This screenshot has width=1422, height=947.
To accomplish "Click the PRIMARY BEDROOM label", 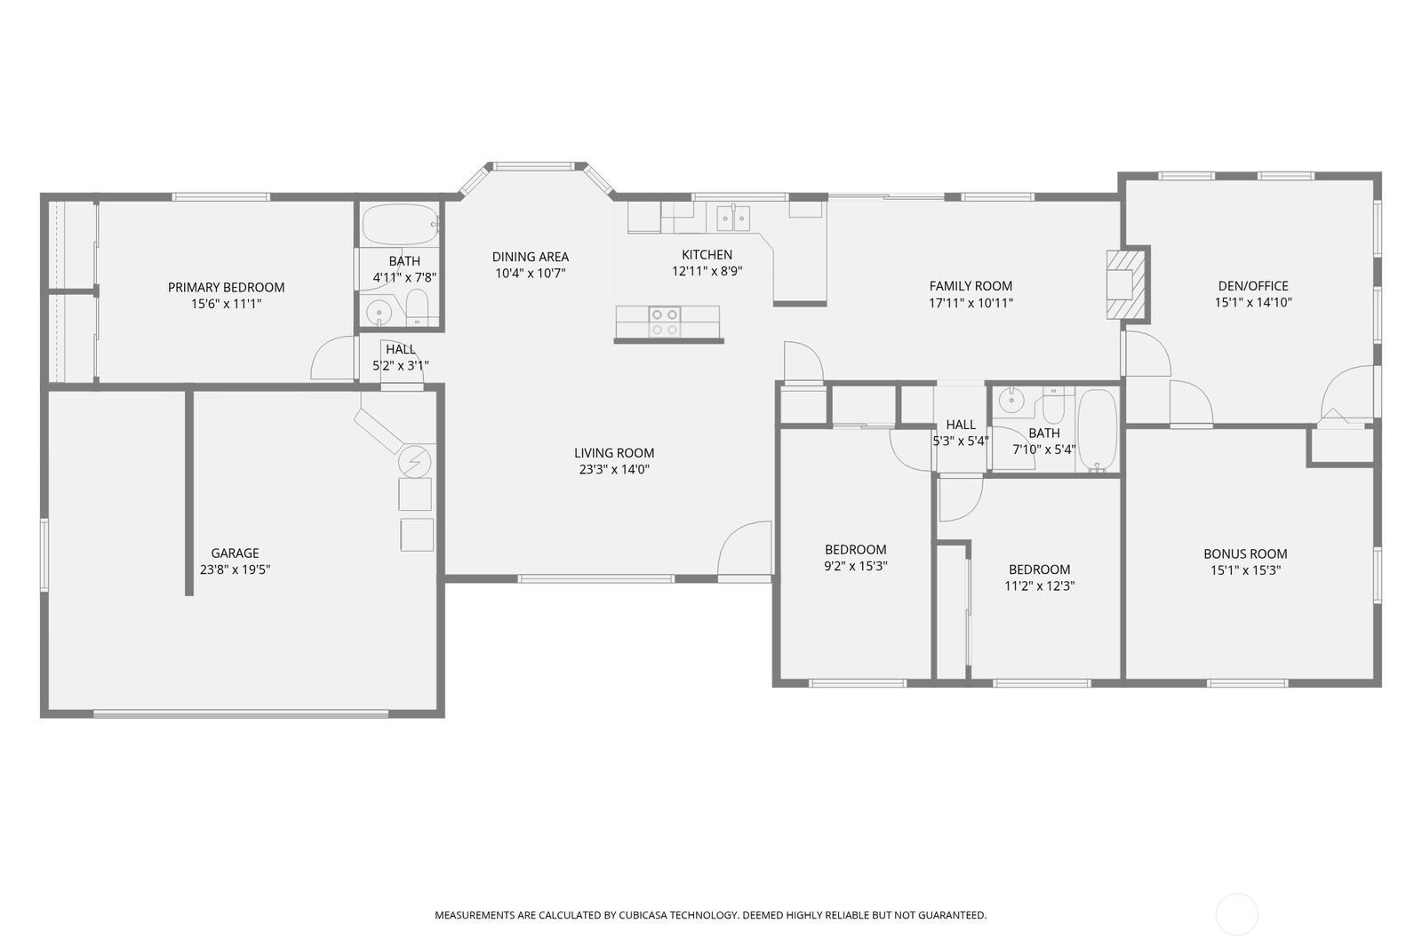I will click(x=226, y=287).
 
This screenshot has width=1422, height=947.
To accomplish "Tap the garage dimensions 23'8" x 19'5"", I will click(x=235, y=569).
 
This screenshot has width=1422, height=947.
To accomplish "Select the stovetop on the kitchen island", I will click(x=664, y=322).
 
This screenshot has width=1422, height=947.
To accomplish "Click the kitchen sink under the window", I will click(x=734, y=217).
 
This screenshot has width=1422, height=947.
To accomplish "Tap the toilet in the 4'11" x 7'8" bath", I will click(x=418, y=307).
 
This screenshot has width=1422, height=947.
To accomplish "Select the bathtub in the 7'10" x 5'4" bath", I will click(x=1097, y=430).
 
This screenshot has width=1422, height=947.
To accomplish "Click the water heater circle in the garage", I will click(x=414, y=460).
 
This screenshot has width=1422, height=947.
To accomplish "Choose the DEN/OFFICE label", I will click(x=1252, y=286).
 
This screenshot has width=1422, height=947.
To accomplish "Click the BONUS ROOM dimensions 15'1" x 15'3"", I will click(x=1245, y=570).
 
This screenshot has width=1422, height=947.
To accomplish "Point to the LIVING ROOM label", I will click(x=613, y=453).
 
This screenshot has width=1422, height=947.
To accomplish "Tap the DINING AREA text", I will click(x=530, y=257).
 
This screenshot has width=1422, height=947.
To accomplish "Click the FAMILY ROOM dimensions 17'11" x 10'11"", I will click(x=971, y=302).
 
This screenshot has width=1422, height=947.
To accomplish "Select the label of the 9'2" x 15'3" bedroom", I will click(x=855, y=549).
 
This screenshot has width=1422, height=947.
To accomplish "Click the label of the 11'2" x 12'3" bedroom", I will click(x=1039, y=569).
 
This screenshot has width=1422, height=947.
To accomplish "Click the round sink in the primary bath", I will click(x=379, y=312).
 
